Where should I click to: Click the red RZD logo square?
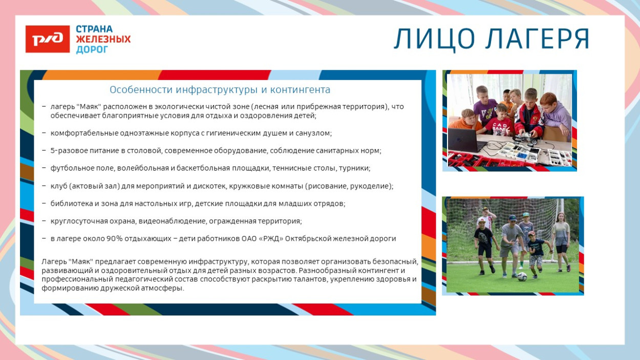48,39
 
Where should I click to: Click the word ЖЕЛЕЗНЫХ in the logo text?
103,39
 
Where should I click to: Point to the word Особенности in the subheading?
141,90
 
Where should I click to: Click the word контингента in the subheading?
301,90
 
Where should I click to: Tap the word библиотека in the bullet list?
71,203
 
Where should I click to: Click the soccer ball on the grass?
522,277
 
